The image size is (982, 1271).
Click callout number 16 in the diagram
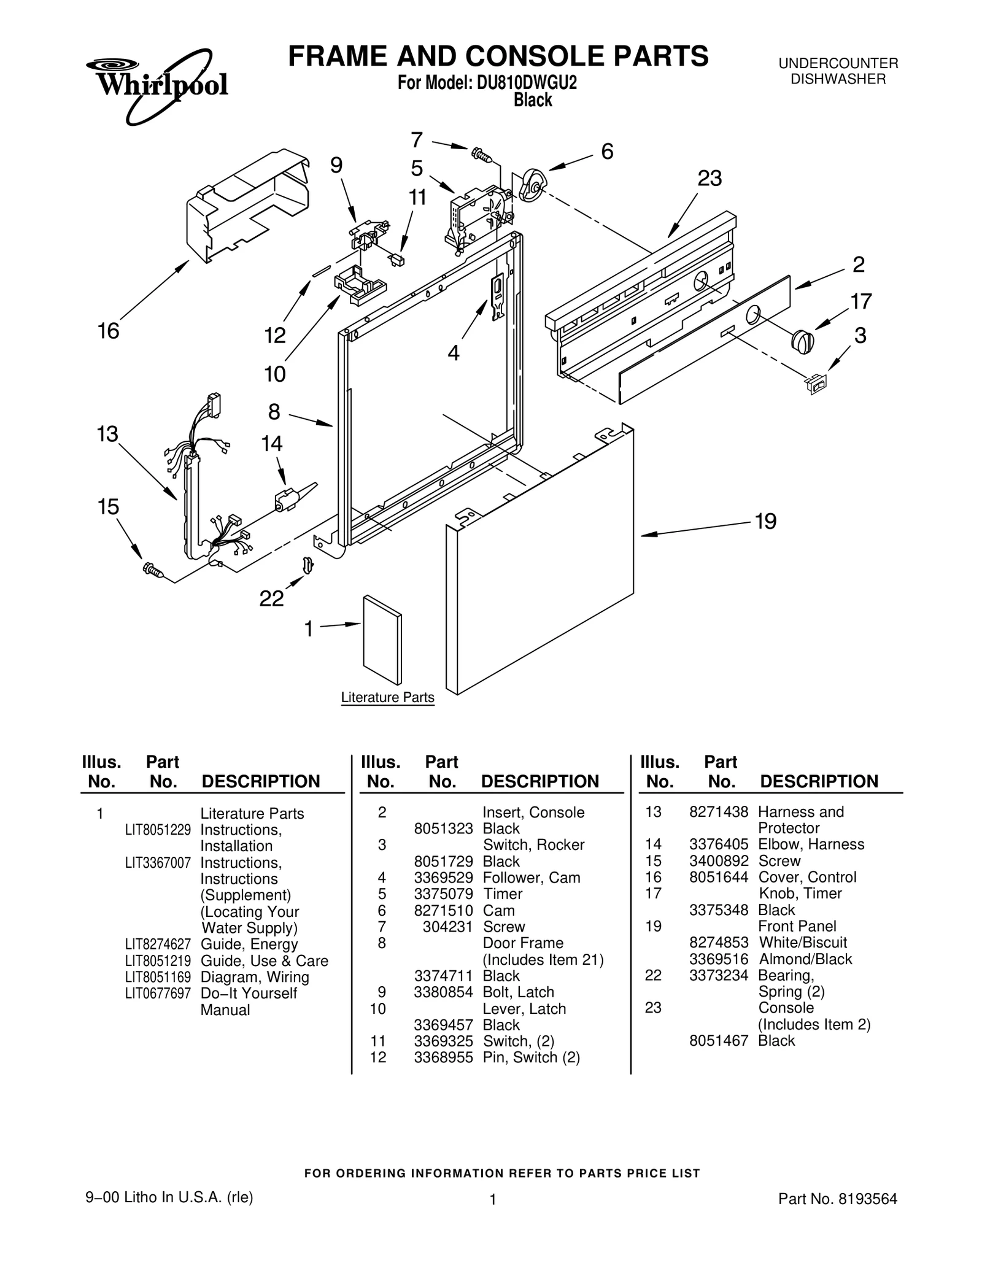[109, 331]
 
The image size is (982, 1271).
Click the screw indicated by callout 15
[152, 570]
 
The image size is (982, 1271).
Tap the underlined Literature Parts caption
[387, 698]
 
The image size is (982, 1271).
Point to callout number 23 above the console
[709, 179]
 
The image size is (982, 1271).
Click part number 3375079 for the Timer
[443, 894]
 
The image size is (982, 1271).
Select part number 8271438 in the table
[718, 812]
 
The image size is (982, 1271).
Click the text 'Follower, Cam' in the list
[532, 878]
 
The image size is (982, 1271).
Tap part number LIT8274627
[158, 944]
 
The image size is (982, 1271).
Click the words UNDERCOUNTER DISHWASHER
[838, 71]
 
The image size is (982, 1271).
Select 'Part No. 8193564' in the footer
[837, 1199]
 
